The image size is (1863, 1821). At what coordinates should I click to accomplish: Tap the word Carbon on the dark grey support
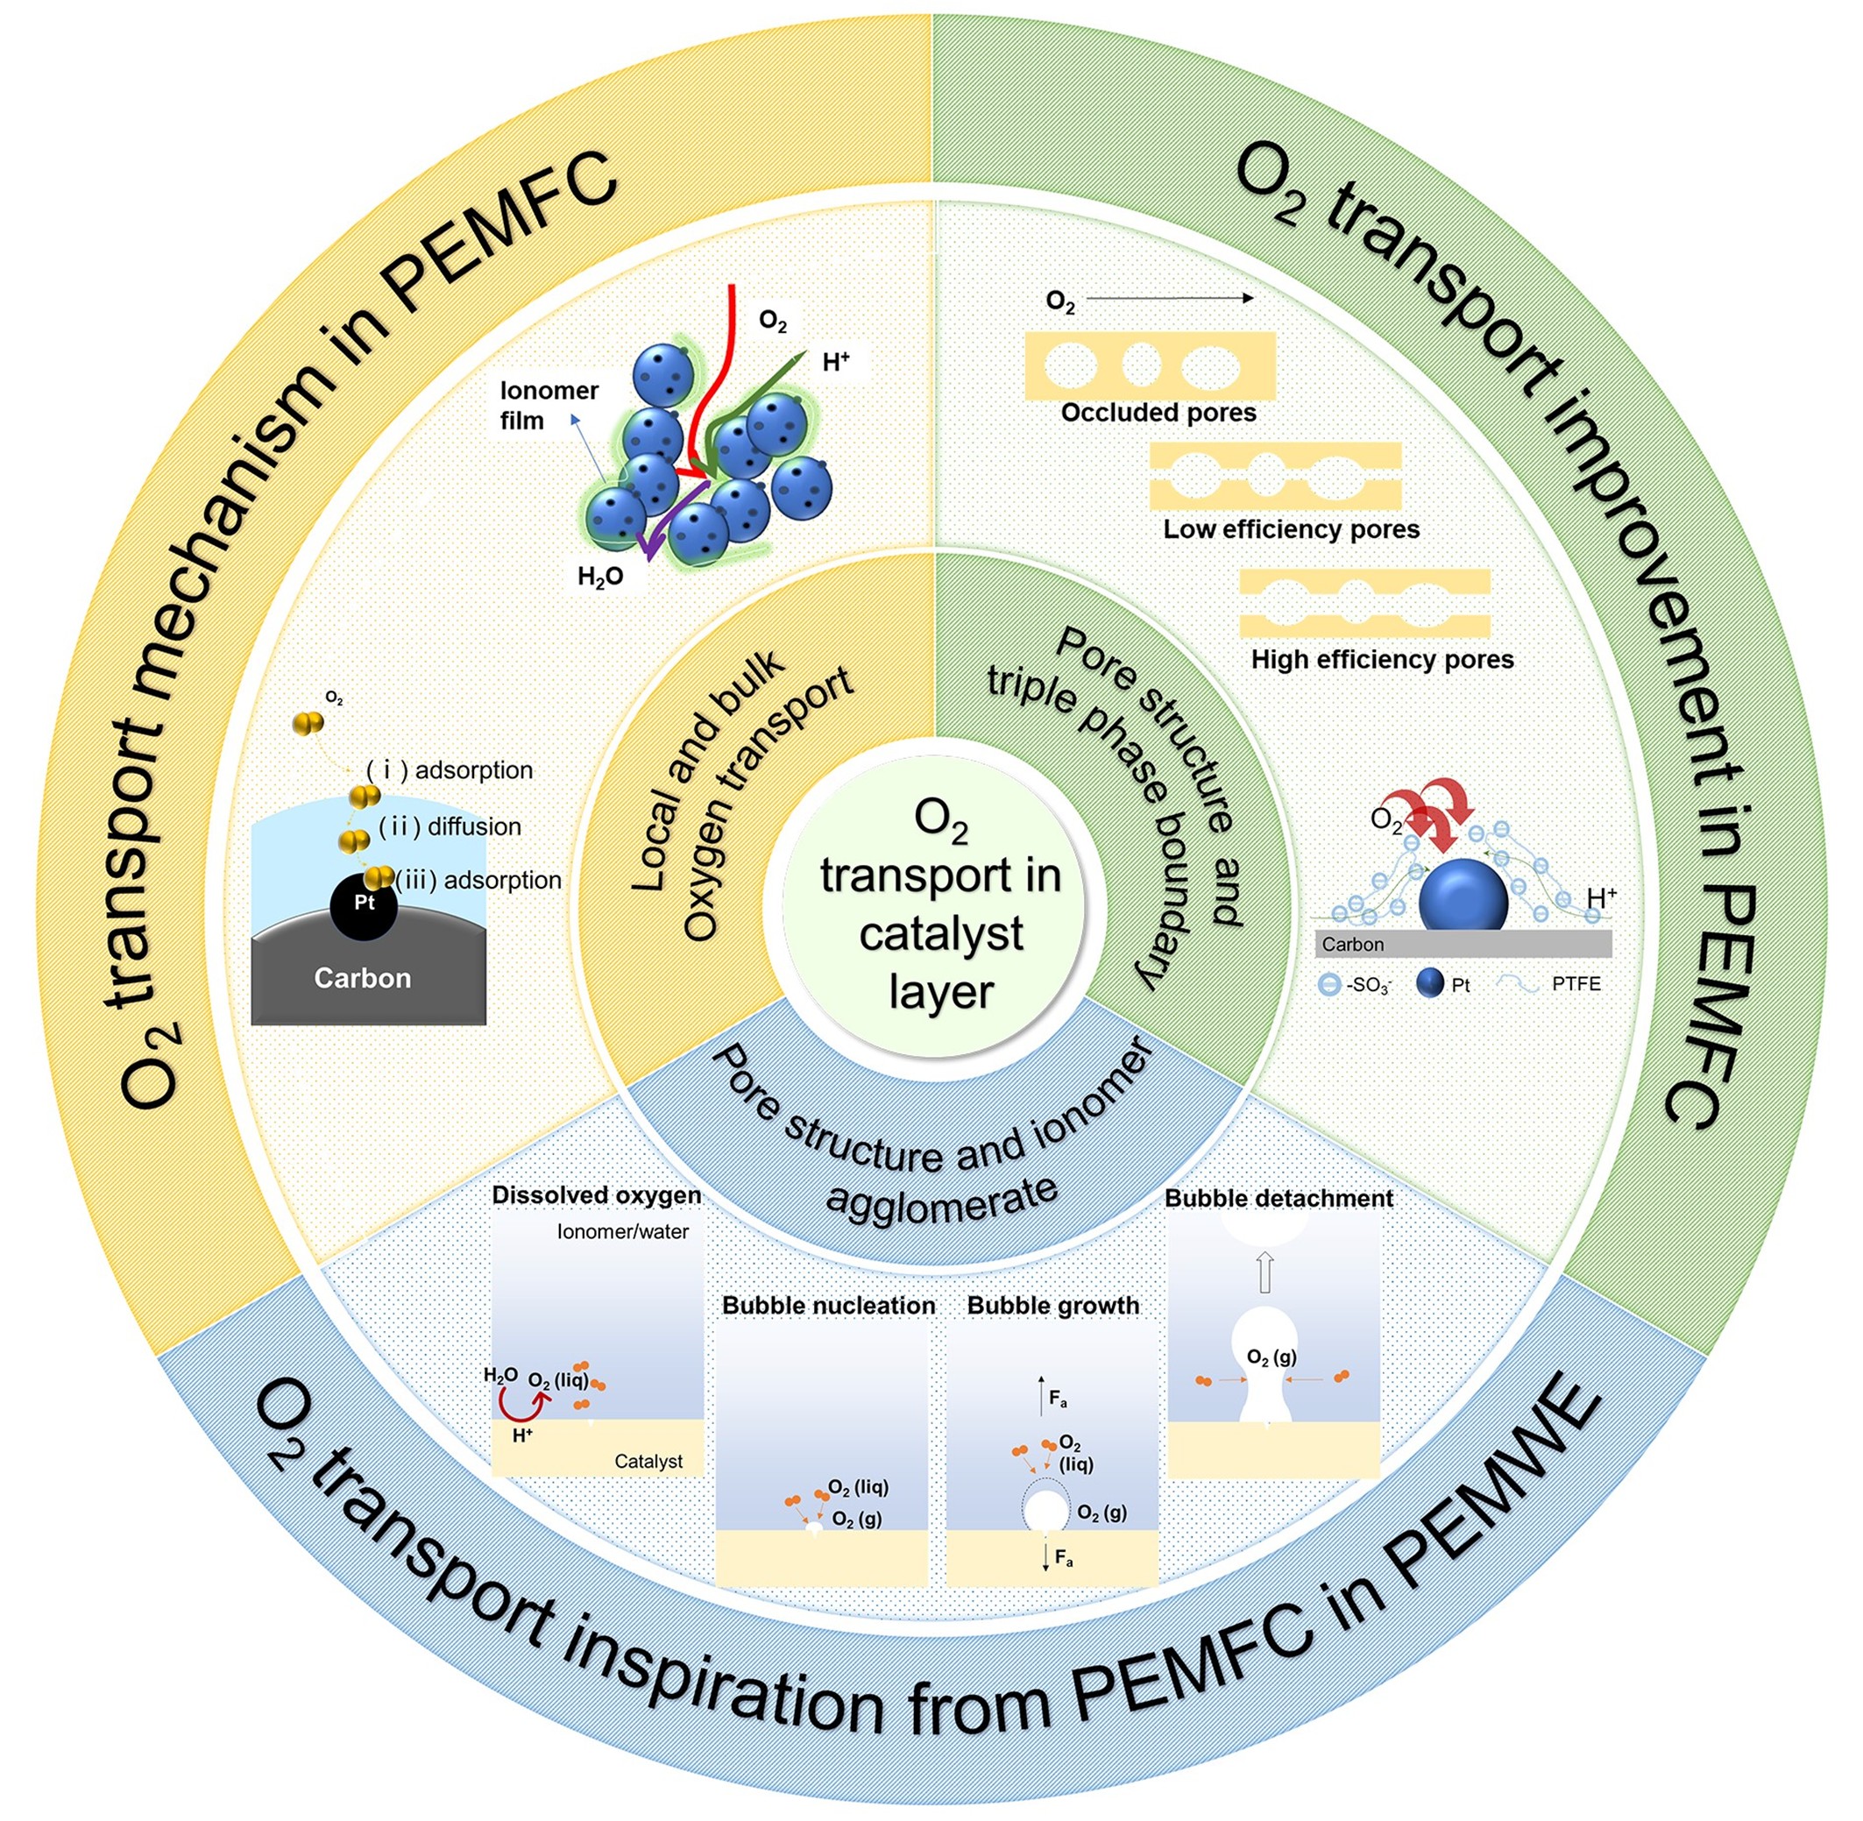tap(363, 978)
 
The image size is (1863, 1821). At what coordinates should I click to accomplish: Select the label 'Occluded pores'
tap(1158, 413)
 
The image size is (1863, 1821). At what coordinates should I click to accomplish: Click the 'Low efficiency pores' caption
tap(1291, 530)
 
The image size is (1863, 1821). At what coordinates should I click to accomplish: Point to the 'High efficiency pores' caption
tap(1382, 660)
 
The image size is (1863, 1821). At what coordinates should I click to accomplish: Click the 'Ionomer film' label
tap(548, 406)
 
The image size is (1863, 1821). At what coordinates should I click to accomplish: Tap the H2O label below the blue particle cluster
tap(600, 577)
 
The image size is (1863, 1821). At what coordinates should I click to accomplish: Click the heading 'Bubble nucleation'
tap(828, 1307)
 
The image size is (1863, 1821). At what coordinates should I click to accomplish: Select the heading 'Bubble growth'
tap(1053, 1307)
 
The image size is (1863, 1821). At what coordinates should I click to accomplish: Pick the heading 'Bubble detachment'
tap(1279, 1200)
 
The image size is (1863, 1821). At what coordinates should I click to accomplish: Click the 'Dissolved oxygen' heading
tap(596, 1195)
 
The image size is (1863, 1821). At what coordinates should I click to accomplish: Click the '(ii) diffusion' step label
tap(450, 827)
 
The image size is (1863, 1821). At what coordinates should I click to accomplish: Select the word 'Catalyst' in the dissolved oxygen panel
tap(648, 1462)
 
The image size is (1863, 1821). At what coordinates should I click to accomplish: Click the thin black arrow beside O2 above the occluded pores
tap(1170, 300)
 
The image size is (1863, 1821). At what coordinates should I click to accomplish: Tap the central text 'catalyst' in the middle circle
tap(941, 934)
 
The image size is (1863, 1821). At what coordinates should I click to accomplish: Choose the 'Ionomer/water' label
tap(622, 1233)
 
